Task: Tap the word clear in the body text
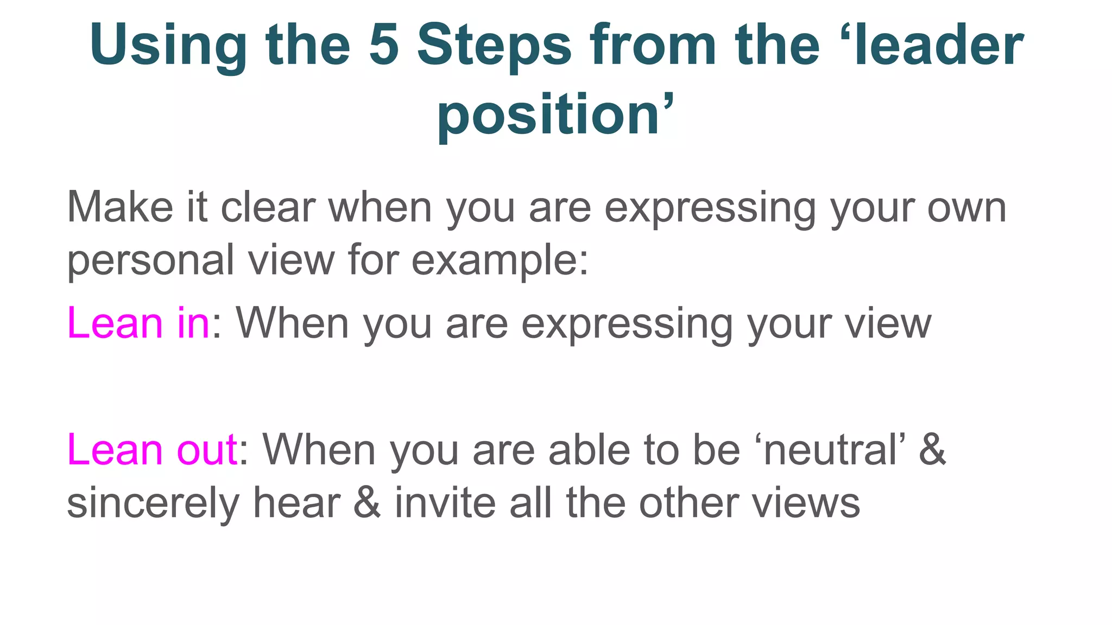tap(268, 207)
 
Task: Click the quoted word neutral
tap(830, 450)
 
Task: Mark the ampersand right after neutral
tap(932, 450)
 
